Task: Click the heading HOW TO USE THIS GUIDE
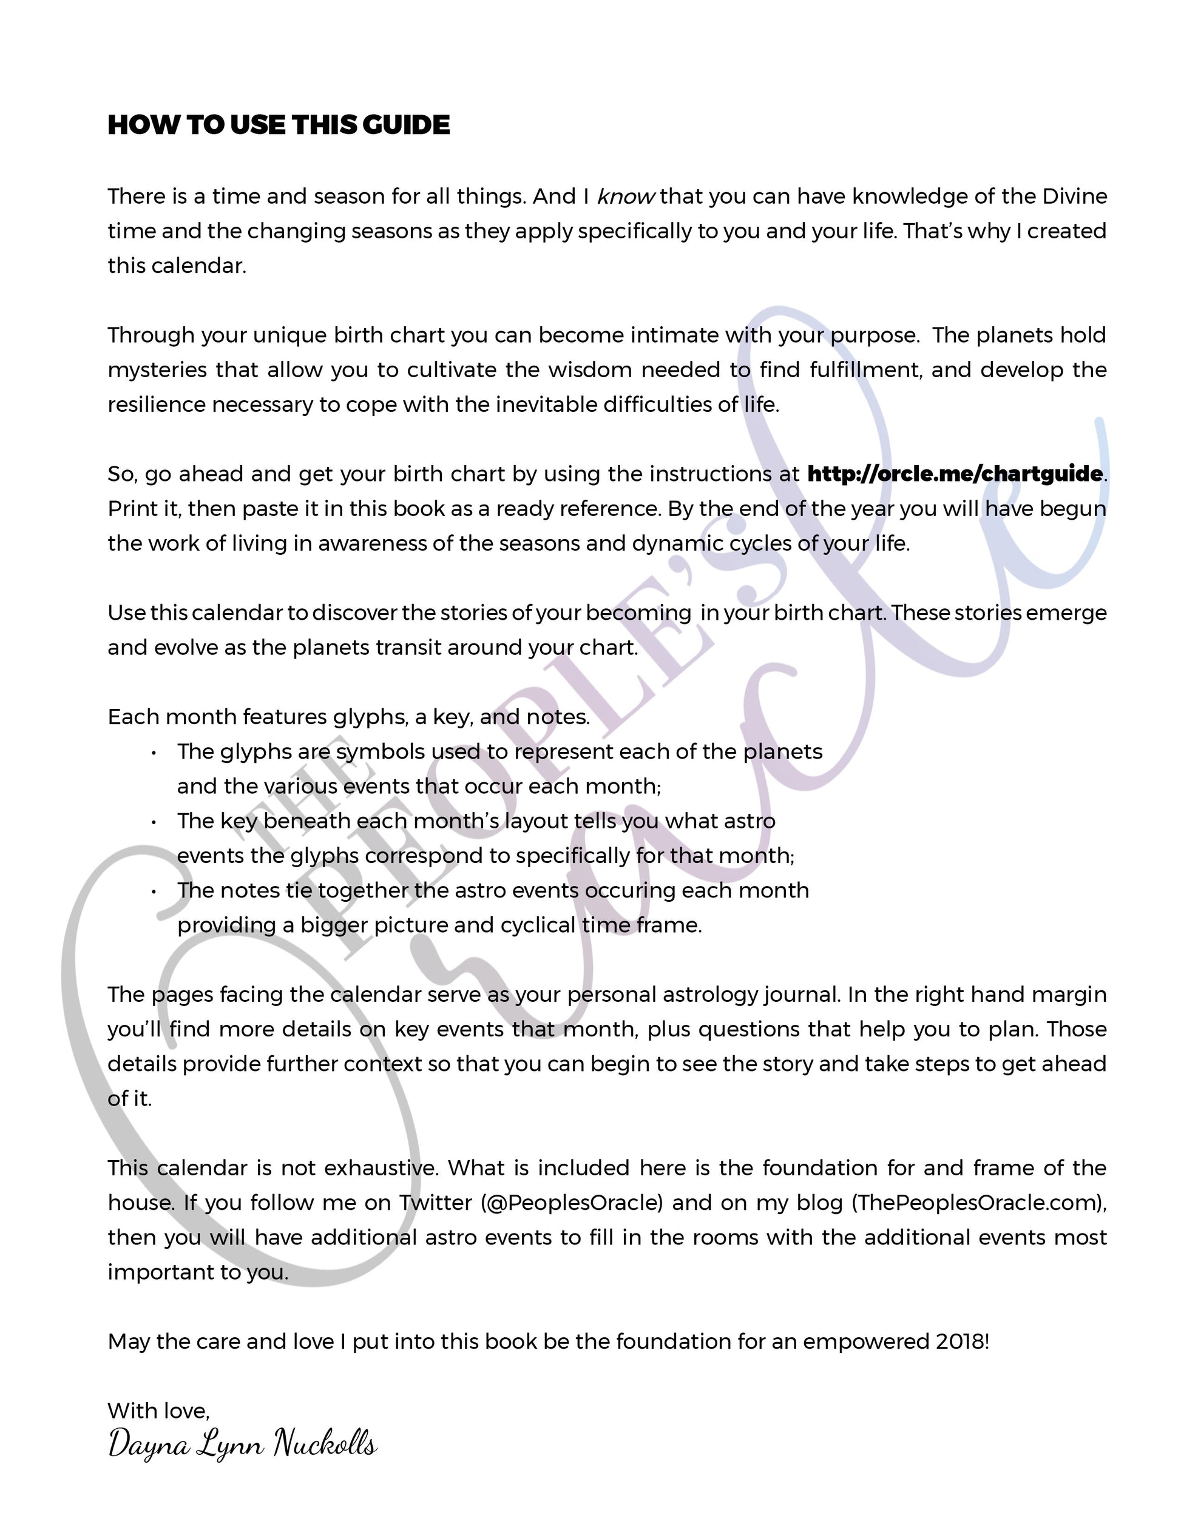[279, 125]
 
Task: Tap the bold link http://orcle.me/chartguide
[955, 474]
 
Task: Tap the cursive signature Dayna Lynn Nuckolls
[242, 1445]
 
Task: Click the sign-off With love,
[159, 1411]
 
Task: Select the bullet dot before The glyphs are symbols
[153, 753]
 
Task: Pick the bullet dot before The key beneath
[153, 822]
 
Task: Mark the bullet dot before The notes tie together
[153, 891]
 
